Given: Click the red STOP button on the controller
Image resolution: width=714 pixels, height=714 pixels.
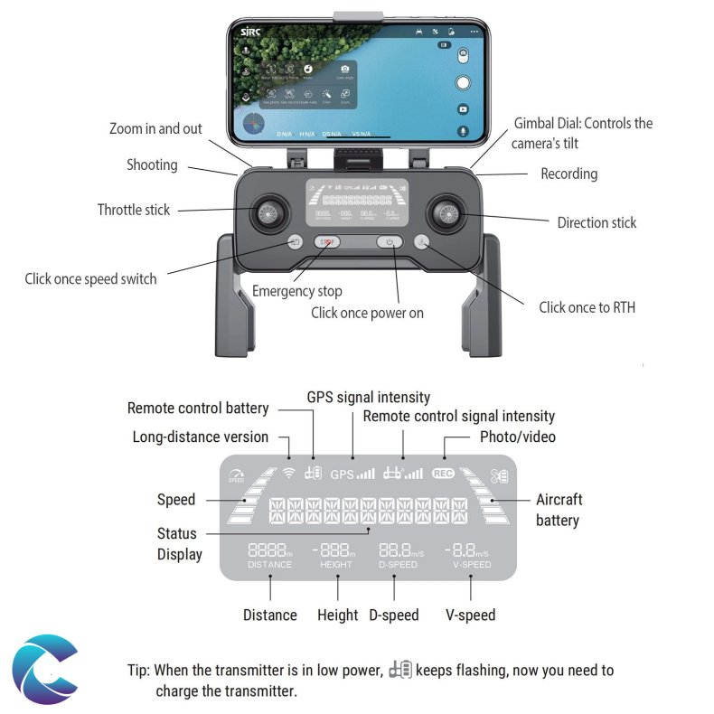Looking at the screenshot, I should (328, 241).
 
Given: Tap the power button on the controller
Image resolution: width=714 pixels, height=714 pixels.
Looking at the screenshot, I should (390, 241).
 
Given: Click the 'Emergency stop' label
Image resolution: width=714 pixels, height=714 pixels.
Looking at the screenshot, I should (296, 291).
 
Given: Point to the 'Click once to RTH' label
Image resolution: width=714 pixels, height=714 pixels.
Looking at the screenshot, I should (587, 307).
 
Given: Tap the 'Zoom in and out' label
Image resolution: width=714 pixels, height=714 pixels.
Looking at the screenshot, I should (155, 128).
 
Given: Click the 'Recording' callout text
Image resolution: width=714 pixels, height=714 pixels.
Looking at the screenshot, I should (568, 174).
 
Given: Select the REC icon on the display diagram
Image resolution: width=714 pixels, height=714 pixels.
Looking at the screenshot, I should (443, 473).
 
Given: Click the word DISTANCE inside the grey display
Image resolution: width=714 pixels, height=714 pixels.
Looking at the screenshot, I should (270, 565).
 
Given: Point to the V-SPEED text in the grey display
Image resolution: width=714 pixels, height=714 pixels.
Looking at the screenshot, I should (472, 565).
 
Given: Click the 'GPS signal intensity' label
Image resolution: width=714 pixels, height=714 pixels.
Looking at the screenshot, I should (369, 397).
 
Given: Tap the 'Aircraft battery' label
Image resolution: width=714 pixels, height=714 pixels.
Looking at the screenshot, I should (559, 510).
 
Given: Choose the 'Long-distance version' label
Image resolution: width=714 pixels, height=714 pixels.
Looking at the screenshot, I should (201, 437).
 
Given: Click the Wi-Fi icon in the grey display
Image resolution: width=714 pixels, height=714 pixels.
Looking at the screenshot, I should (288, 472).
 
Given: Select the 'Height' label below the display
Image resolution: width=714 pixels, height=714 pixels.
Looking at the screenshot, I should (337, 615).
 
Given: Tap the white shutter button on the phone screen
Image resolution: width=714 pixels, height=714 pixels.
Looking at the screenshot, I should (463, 83).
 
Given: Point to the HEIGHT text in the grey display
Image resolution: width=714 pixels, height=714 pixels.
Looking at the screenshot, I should (336, 565).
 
